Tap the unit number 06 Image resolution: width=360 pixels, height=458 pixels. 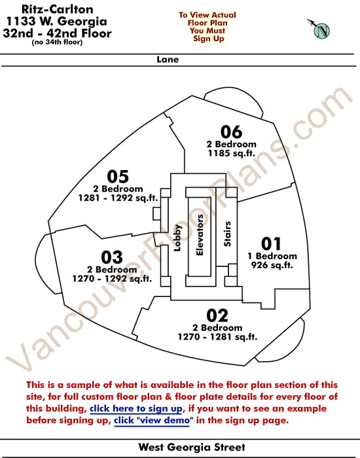pos(232,132)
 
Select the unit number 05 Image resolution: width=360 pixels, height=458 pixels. pos(118,177)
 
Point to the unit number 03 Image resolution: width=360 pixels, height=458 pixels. pos(112,257)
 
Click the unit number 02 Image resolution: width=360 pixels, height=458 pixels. pos(217,315)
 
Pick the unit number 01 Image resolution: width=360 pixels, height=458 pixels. pos(271,244)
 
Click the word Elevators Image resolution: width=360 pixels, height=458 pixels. pos(200,235)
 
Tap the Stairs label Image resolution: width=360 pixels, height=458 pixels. pos(227,234)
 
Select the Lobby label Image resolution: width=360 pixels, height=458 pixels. pos(177,238)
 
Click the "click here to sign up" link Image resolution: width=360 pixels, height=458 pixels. pos(136,409)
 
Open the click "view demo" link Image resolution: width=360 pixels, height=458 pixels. pos(153,421)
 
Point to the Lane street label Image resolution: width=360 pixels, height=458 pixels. pos(168,60)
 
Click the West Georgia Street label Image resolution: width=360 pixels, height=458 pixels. pos(192,447)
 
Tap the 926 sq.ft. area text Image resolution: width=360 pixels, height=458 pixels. pos(272,265)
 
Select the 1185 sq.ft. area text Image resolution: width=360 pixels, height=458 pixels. pos(232,153)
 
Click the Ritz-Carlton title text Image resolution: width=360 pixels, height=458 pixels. pos(58,9)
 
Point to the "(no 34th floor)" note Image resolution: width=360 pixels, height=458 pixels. pos(57,43)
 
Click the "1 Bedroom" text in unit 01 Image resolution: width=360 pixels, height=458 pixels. pos(272,256)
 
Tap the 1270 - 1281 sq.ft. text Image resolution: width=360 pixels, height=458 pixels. pos(217,337)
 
